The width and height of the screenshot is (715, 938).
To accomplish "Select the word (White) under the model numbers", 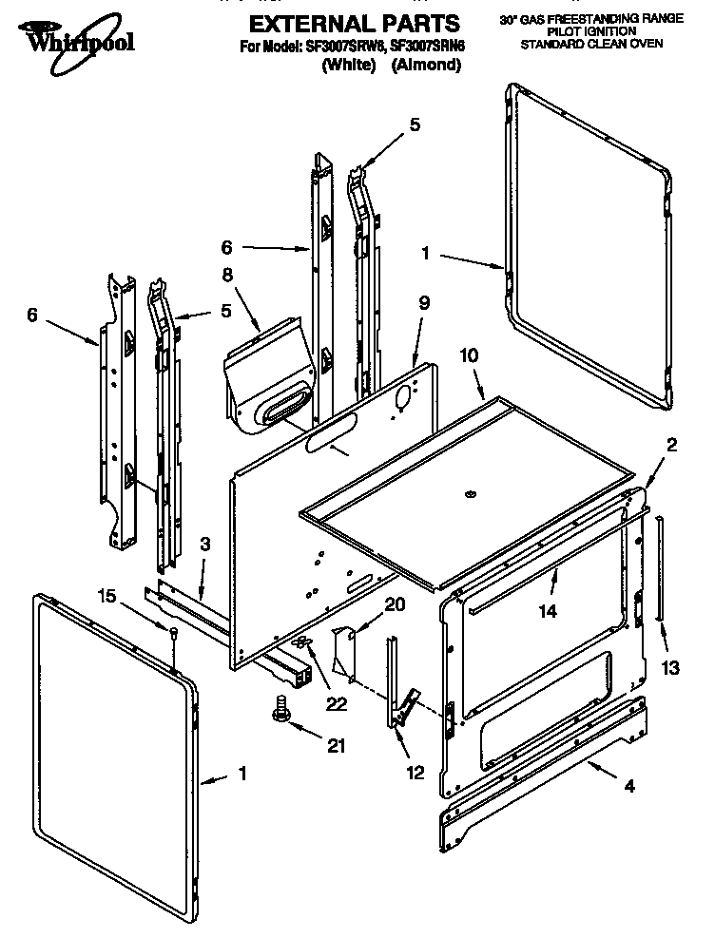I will click(348, 66).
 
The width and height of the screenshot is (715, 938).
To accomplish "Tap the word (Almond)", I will click(426, 66).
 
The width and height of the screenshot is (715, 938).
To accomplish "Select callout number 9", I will click(423, 303).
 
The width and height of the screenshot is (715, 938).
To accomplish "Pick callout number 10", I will click(470, 354).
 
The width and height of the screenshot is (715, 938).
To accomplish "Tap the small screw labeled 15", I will click(174, 635).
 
